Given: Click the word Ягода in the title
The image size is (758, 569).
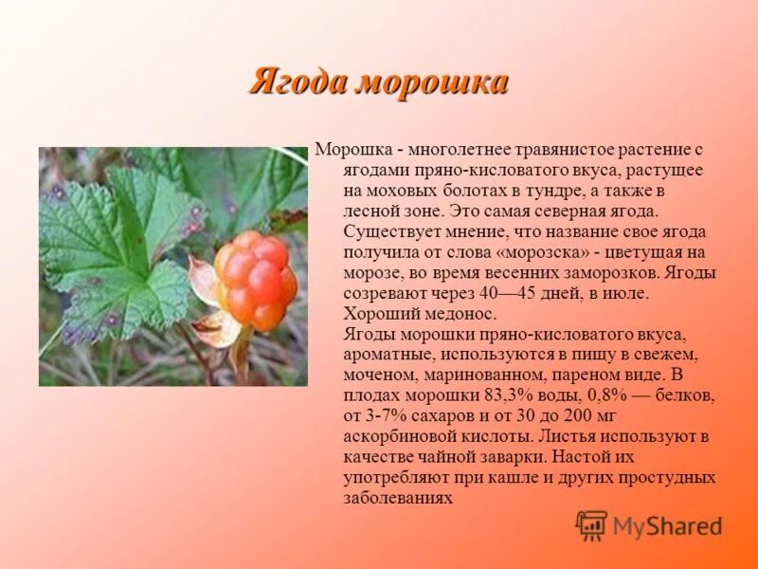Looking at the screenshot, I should click(298, 83).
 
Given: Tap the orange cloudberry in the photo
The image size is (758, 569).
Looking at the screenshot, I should click(254, 280).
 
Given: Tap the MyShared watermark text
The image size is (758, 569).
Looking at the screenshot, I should click(667, 526).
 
